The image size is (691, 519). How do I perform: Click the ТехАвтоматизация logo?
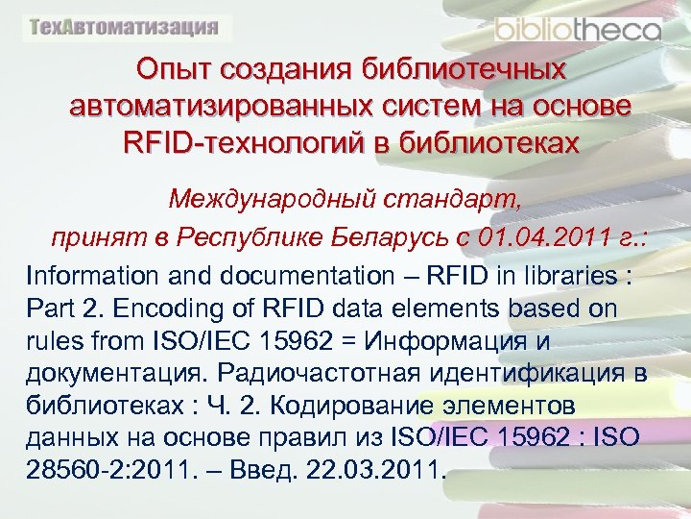tap(124, 27)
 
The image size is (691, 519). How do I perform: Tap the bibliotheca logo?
tap(578, 28)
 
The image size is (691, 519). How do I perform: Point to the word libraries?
tap(564, 276)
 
